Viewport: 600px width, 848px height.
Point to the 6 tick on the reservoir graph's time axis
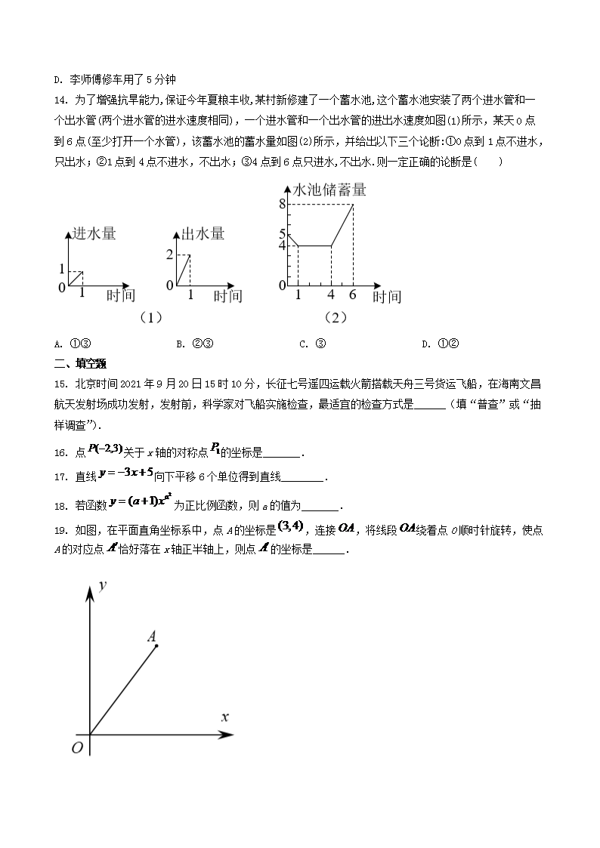tap(353, 294)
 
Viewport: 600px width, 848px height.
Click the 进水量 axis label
tap(91, 233)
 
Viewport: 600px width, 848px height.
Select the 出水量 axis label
tap(200, 233)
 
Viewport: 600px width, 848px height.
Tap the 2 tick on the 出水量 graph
tap(170, 254)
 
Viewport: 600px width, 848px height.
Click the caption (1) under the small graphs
tap(151, 318)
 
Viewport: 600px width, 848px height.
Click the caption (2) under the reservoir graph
tap(336, 318)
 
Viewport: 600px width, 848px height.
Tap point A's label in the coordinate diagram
tap(152, 637)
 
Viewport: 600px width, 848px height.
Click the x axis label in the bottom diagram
tap(224, 716)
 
